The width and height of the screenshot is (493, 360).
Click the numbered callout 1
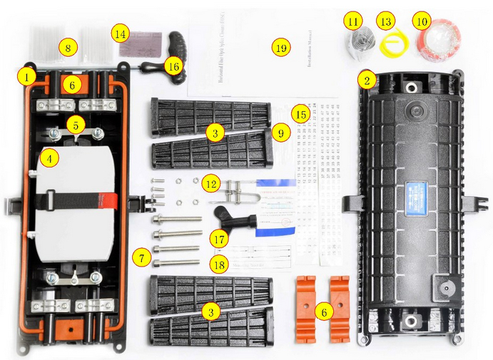[27, 76]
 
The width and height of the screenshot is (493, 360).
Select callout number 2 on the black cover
[366, 79]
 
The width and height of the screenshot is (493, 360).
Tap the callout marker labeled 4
[49, 158]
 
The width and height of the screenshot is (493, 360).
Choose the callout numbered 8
[68, 48]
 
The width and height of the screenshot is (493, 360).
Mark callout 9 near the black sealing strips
[280, 133]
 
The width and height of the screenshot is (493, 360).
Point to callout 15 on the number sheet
[302, 114]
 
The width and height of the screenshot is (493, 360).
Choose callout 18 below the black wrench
[217, 265]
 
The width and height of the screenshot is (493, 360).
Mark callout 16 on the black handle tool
[173, 65]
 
